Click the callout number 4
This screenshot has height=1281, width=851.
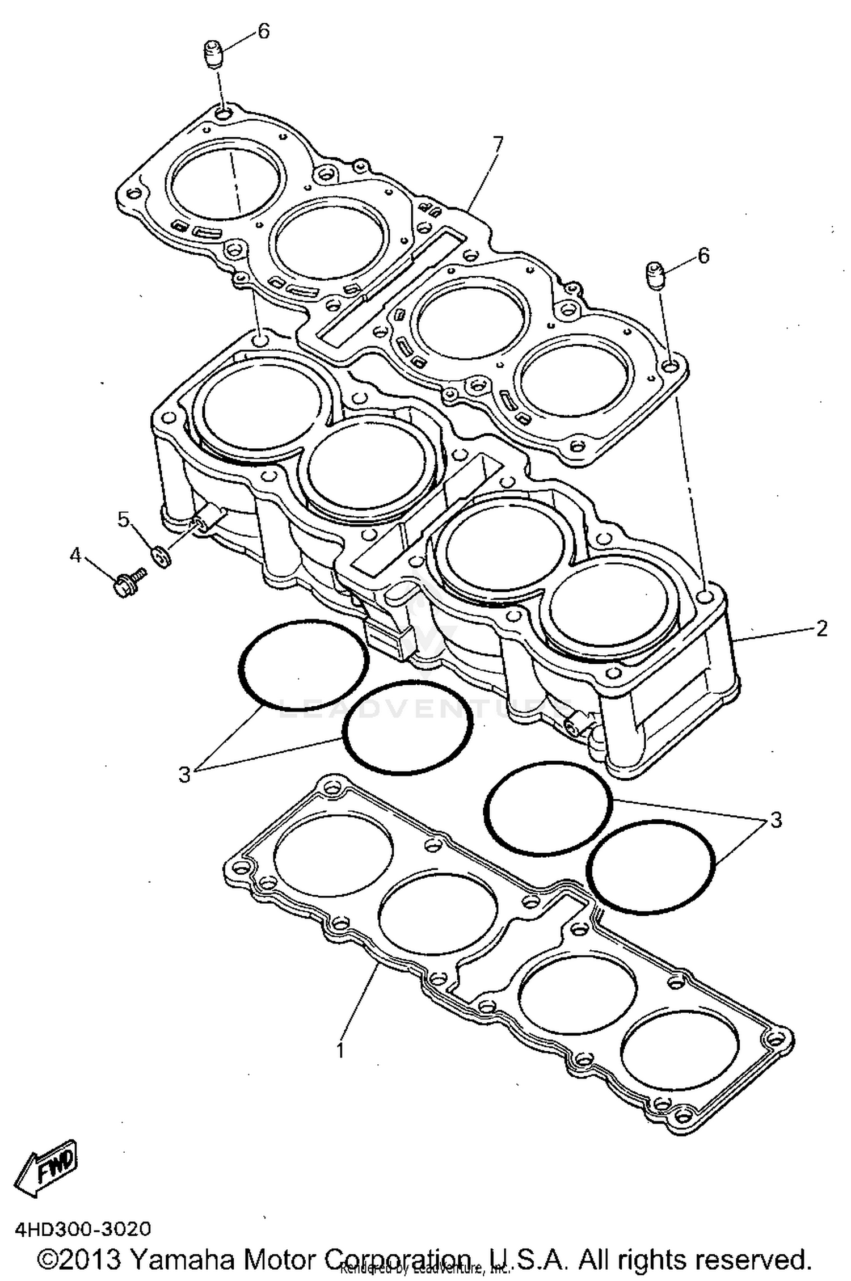point(75,555)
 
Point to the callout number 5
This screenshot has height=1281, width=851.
point(123,519)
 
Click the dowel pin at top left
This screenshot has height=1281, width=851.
point(214,55)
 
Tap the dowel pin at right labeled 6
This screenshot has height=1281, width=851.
point(656,276)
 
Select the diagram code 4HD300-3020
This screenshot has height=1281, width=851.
point(83,1229)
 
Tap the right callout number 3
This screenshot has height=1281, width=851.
point(776,819)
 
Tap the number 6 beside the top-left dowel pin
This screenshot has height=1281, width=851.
point(263,32)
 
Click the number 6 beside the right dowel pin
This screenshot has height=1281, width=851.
point(703,256)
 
